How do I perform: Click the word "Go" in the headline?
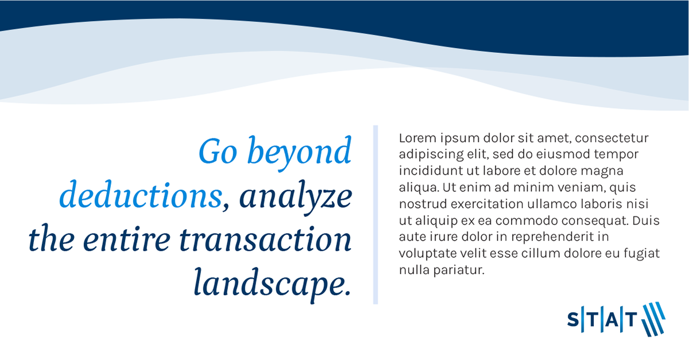(218, 152)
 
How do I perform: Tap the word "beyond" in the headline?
(299, 153)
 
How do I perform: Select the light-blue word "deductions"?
(141, 195)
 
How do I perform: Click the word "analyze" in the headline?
(296, 198)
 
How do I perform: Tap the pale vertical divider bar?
(376, 215)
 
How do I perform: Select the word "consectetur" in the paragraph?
(611, 138)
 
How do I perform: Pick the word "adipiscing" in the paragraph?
(431, 155)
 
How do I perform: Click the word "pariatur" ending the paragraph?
(459, 270)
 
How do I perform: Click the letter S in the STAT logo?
(573, 319)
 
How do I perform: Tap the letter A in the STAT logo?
(612, 319)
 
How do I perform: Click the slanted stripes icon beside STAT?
(653, 319)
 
